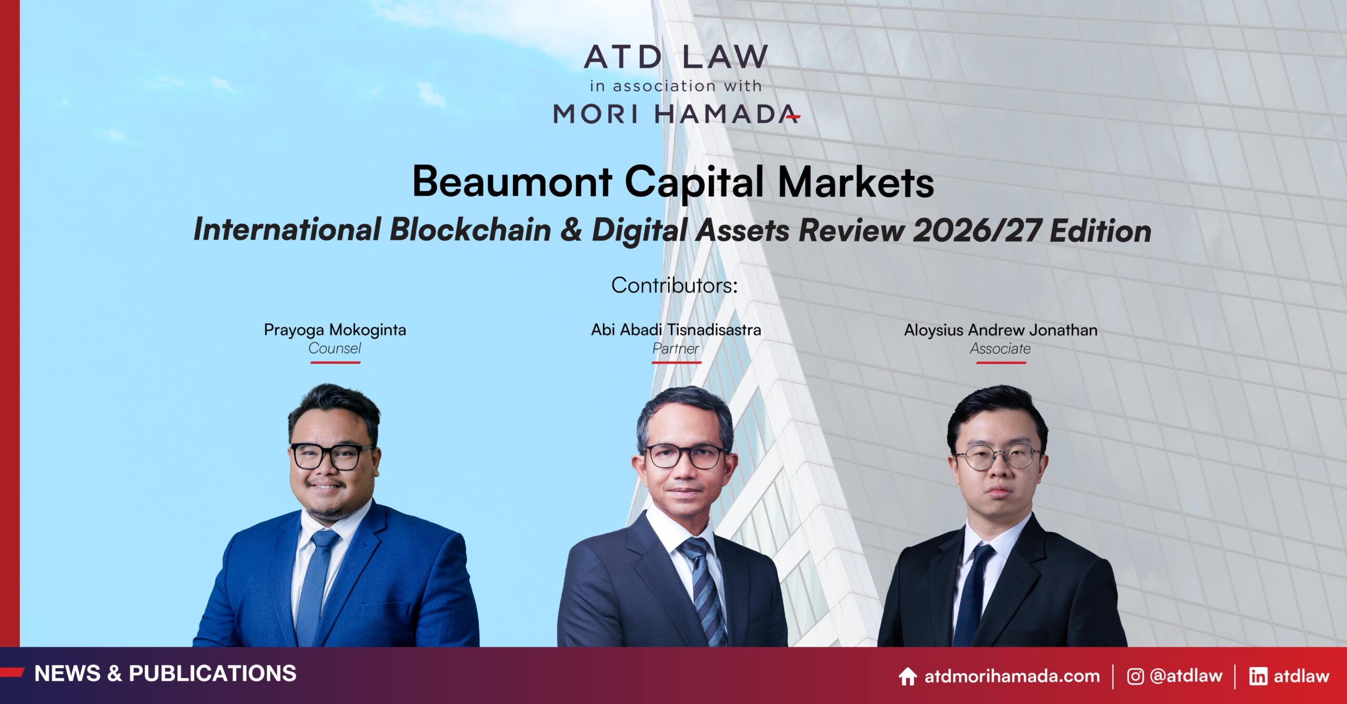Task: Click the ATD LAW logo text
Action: click(676, 56)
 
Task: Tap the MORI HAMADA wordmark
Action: click(676, 114)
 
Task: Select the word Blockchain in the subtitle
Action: click(470, 230)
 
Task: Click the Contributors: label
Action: click(675, 285)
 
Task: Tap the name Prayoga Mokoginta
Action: click(335, 330)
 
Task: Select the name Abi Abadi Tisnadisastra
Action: click(676, 330)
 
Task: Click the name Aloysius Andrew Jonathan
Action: click(1001, 330)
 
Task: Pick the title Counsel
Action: click(335, 348)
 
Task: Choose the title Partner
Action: click(676, 348)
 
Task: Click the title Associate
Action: click(1000, 348)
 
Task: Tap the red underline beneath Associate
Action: click(1001, 363)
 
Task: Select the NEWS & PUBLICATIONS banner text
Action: click(165, 674)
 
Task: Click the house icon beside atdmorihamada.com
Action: click(908, 677)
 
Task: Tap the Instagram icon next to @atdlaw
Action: click(1135, 677)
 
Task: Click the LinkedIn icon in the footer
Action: click(1258, 677)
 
